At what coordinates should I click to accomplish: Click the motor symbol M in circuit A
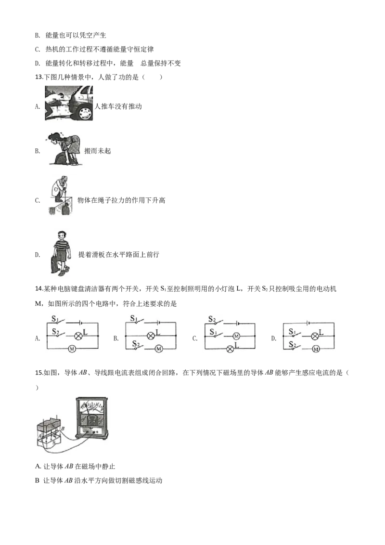72,349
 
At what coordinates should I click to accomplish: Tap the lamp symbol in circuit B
151,336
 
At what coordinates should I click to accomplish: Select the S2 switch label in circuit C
212,319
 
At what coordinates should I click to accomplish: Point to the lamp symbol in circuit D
315,336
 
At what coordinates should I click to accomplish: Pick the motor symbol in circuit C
236,336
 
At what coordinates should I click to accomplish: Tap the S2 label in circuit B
136,344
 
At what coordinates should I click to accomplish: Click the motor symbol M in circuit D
316,349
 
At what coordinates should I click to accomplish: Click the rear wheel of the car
84,112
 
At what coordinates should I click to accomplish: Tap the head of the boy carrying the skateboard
61,237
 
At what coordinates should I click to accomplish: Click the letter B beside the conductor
63,429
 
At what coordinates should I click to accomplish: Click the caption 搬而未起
98,151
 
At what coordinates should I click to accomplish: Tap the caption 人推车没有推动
118,106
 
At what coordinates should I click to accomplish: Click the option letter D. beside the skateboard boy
38,255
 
